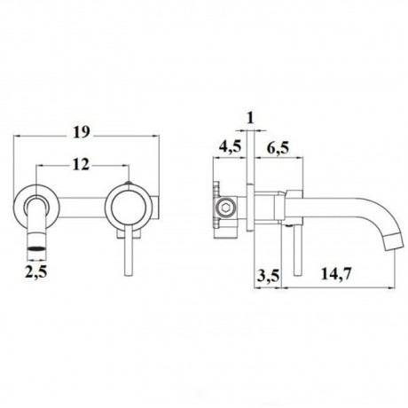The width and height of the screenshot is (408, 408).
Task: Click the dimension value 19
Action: [82, 132]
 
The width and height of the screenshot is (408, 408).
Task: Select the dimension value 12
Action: [81, 165]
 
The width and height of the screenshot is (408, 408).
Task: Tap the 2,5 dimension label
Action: [36, 272]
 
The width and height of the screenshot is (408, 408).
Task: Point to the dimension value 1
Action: [250, 118]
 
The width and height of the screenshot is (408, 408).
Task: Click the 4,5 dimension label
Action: [230, 147]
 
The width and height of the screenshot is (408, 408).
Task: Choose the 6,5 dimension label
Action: [279, 147]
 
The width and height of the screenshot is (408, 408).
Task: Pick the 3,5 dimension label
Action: [268, 275]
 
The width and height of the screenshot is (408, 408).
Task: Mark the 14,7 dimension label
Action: [336, 273]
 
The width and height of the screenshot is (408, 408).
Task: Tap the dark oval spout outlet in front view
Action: [37, 247]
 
